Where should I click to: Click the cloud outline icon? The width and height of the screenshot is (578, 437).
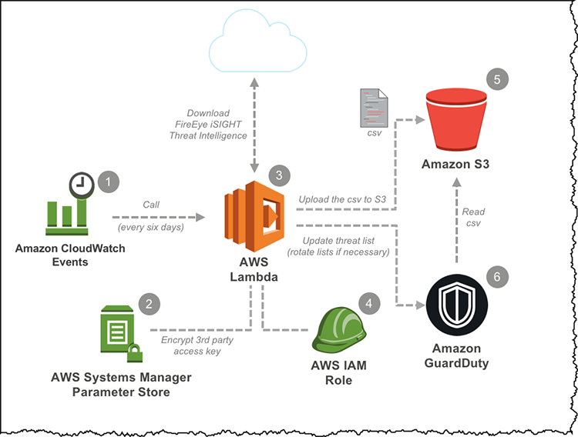(258, 70)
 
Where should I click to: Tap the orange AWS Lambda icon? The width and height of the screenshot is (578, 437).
(254, 216)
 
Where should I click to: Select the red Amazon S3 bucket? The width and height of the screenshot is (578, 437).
(456, 120)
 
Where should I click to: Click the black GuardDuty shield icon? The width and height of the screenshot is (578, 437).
(457, 305)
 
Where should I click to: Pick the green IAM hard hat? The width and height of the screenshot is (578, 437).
(339, 331)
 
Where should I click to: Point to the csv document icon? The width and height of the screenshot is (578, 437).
(374, 108)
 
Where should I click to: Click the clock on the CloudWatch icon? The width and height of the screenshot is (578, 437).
(82, 185)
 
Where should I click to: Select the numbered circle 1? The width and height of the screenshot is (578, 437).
(109, 182)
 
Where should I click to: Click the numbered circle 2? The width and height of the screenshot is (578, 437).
(149, 304)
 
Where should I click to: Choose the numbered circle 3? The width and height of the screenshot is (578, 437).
(279, 175)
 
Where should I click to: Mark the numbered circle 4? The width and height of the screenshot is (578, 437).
(369, 303)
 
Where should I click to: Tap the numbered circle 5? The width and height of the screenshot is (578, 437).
(497, 79)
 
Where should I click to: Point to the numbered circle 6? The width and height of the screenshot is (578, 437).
(497, 276)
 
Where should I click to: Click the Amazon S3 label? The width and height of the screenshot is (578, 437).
(455, 164)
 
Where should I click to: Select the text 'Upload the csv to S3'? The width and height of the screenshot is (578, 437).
(342, 199)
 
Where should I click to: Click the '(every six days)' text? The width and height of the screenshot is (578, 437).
(151, 227)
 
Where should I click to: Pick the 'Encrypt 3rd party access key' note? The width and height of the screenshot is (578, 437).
(197, 345)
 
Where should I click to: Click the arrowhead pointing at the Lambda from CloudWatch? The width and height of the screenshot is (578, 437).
(200, 217)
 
